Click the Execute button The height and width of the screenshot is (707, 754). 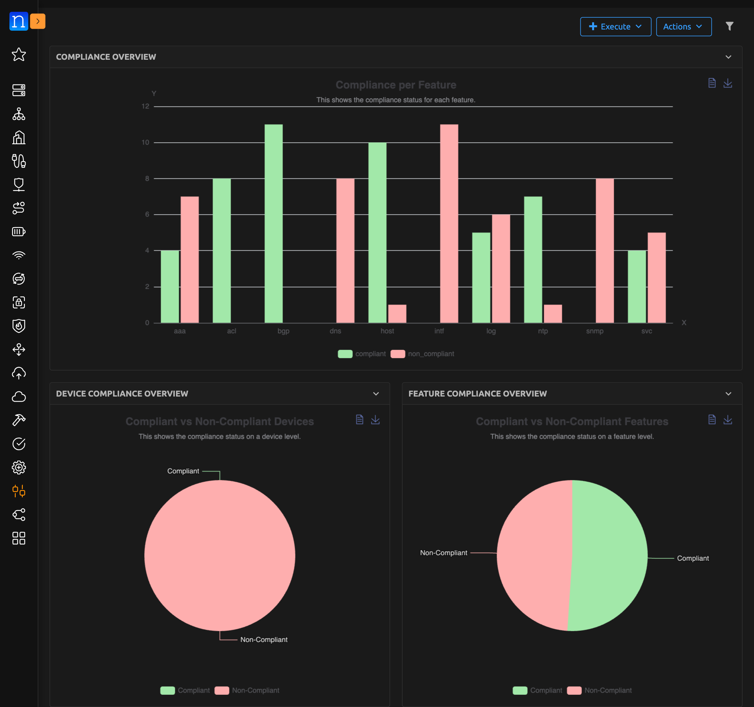615,27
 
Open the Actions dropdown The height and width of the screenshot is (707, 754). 683,27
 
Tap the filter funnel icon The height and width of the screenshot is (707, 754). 729,26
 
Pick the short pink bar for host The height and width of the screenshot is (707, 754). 397,314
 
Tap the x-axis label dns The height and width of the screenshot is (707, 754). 335,331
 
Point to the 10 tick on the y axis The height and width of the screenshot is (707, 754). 145,142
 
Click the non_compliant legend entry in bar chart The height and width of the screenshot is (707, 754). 430,354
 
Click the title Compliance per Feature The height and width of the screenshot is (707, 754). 396,85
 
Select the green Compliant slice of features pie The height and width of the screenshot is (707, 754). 609,554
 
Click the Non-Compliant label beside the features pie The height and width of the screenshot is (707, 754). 444,553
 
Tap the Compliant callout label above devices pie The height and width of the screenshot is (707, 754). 183,471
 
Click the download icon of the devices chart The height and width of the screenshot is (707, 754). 375,420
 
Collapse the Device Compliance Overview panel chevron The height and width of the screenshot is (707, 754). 376,394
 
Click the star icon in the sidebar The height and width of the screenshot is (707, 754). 19,54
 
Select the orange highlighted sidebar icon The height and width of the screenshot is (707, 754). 19,491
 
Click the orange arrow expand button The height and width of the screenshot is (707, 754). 38,21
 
